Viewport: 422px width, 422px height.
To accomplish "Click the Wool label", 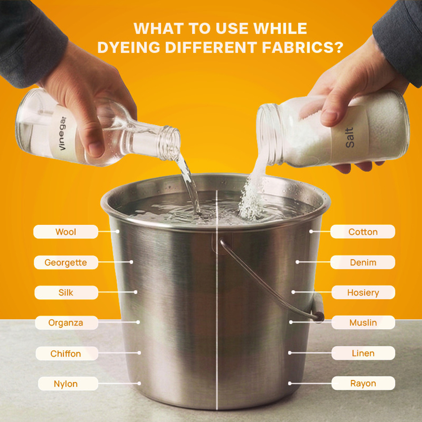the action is pos(66,232).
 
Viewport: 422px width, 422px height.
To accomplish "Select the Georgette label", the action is pos(66,262).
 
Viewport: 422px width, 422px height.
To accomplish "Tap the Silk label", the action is pos(66,293).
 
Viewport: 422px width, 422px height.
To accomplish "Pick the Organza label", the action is pos(67,323).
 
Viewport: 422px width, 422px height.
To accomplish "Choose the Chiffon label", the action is pos(67,354).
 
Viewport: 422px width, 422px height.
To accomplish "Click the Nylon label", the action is pos(68,384).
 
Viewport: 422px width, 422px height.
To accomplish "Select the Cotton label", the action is pos(363,232).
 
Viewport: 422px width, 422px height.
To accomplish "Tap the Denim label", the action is pos(363,262).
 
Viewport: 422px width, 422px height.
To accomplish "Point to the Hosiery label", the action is pos(363,293).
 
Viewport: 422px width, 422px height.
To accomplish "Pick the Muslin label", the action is pos(363,323).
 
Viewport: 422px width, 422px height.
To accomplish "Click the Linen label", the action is pos(363,353).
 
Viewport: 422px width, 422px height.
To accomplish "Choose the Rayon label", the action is pos(363,383).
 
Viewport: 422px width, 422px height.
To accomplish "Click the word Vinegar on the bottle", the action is pos(62,133).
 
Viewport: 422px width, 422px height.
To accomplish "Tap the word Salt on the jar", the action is pos(350,138).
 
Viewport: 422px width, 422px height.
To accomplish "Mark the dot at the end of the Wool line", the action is pos(118,232).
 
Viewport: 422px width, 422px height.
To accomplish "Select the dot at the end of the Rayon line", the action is pos(290,383).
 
